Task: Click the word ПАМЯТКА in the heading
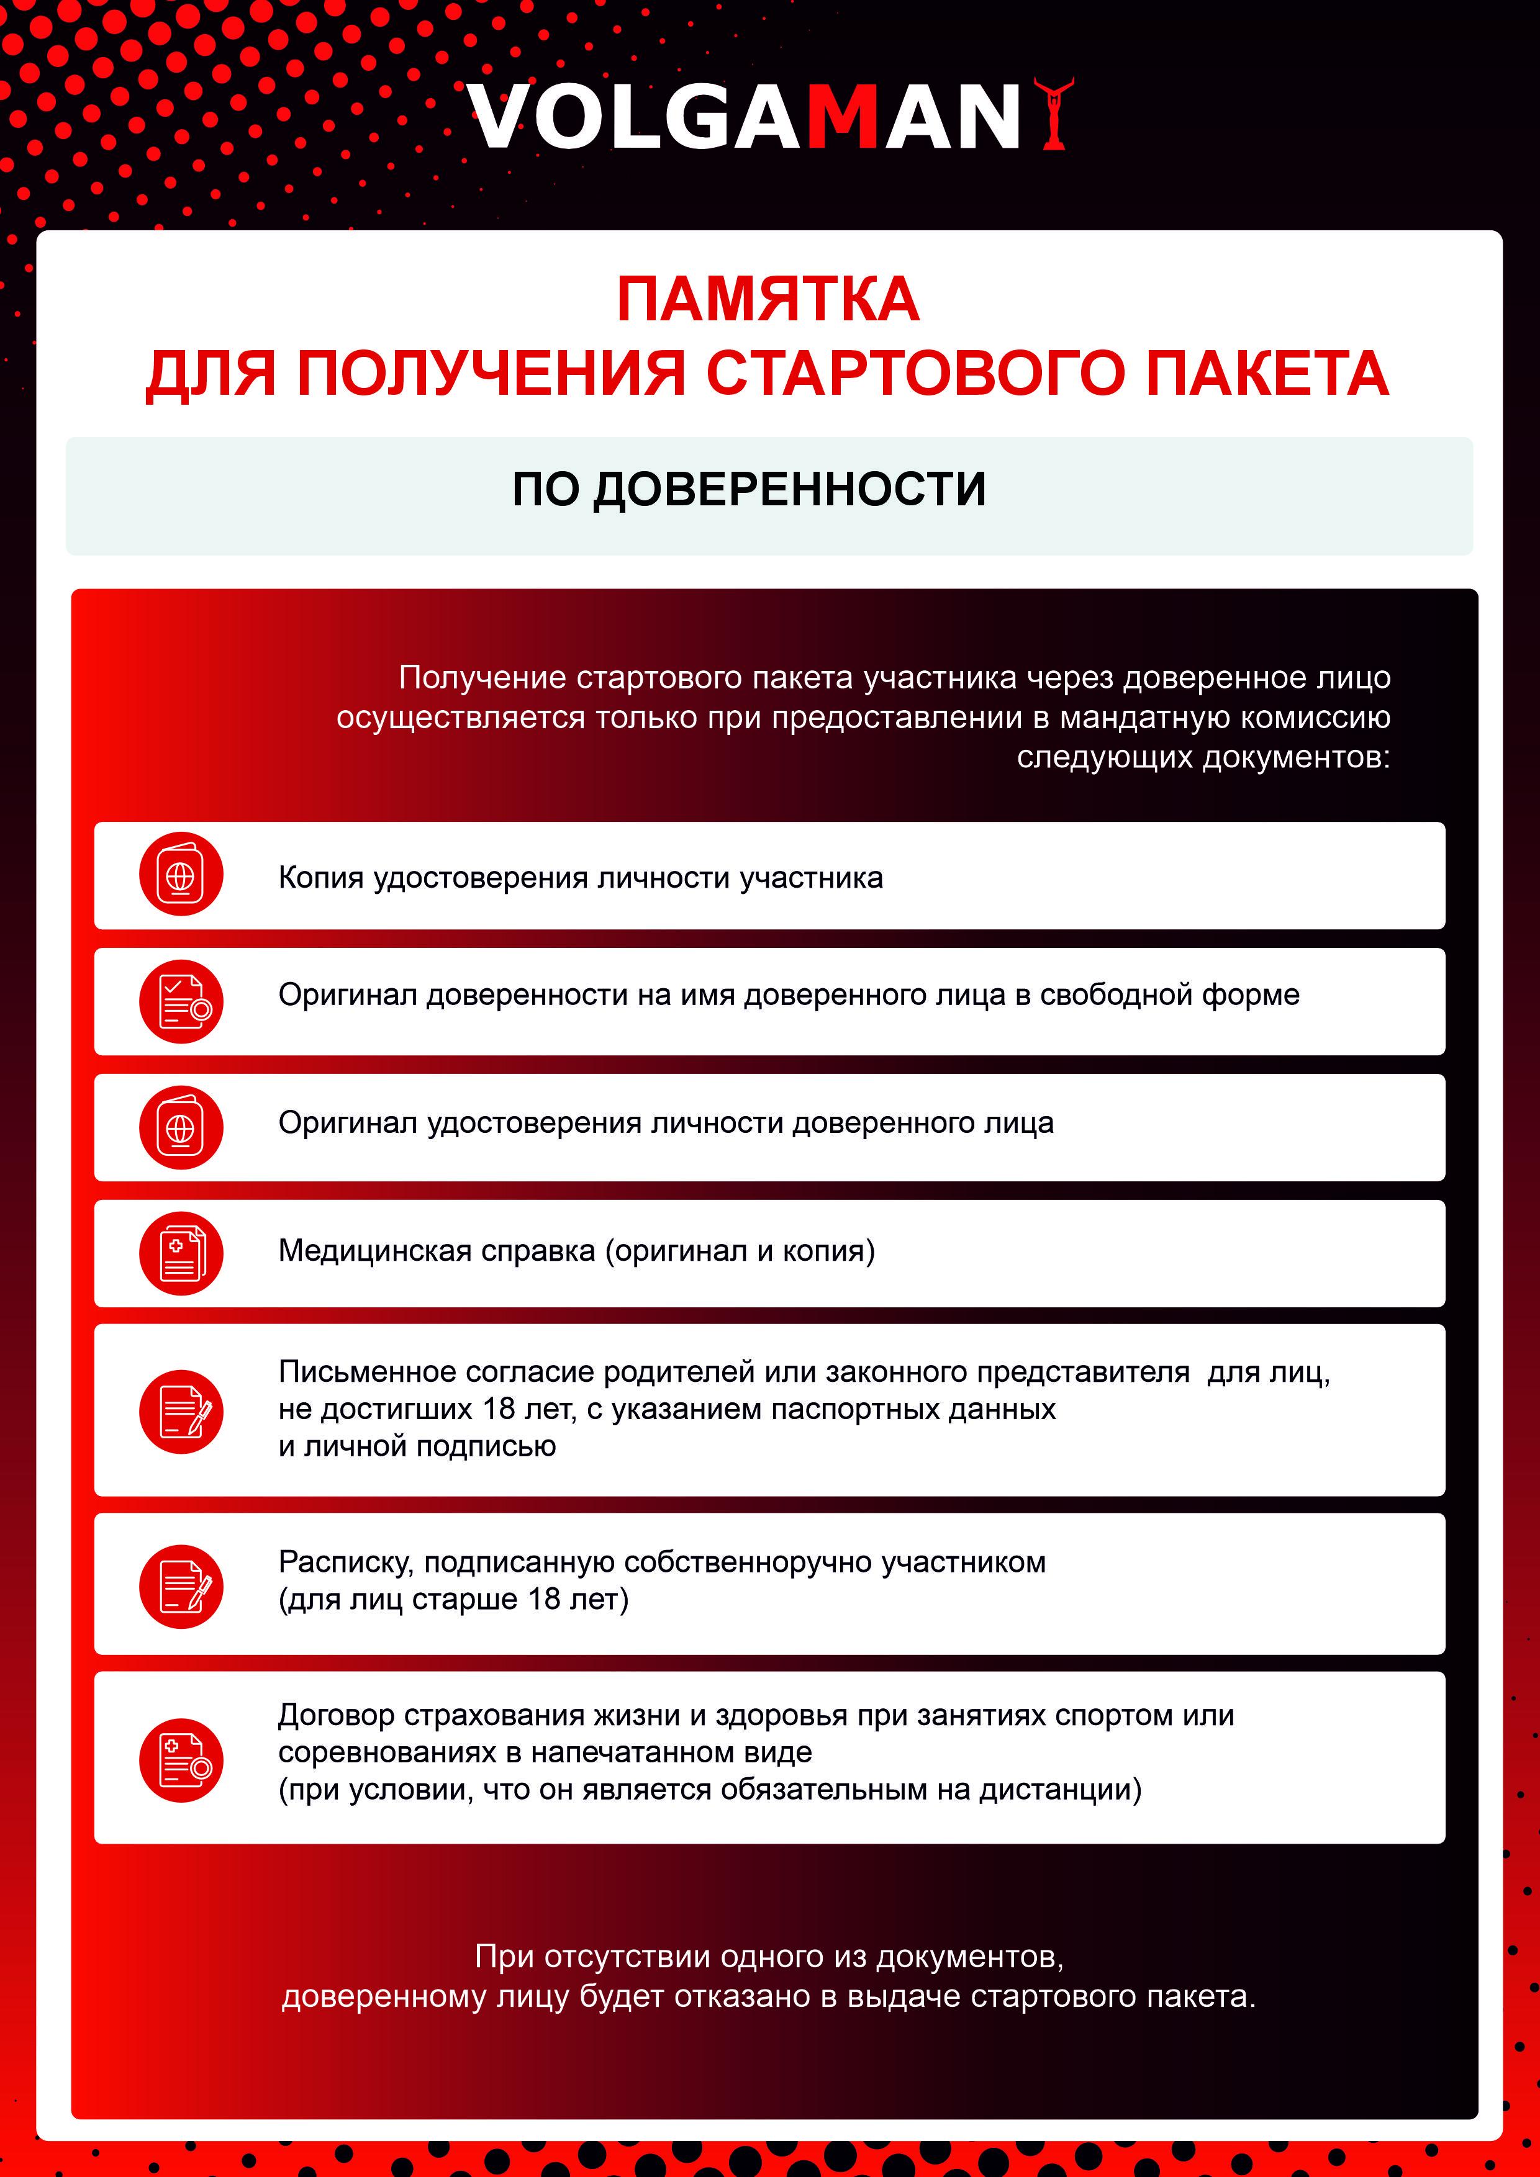[x=768, y=300]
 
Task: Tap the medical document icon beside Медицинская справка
[x=181, y=1253]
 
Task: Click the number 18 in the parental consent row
[x=499, y=1409]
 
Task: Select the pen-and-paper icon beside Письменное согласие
[x=181, y=1411]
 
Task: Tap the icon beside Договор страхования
[x=181, y=1760]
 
